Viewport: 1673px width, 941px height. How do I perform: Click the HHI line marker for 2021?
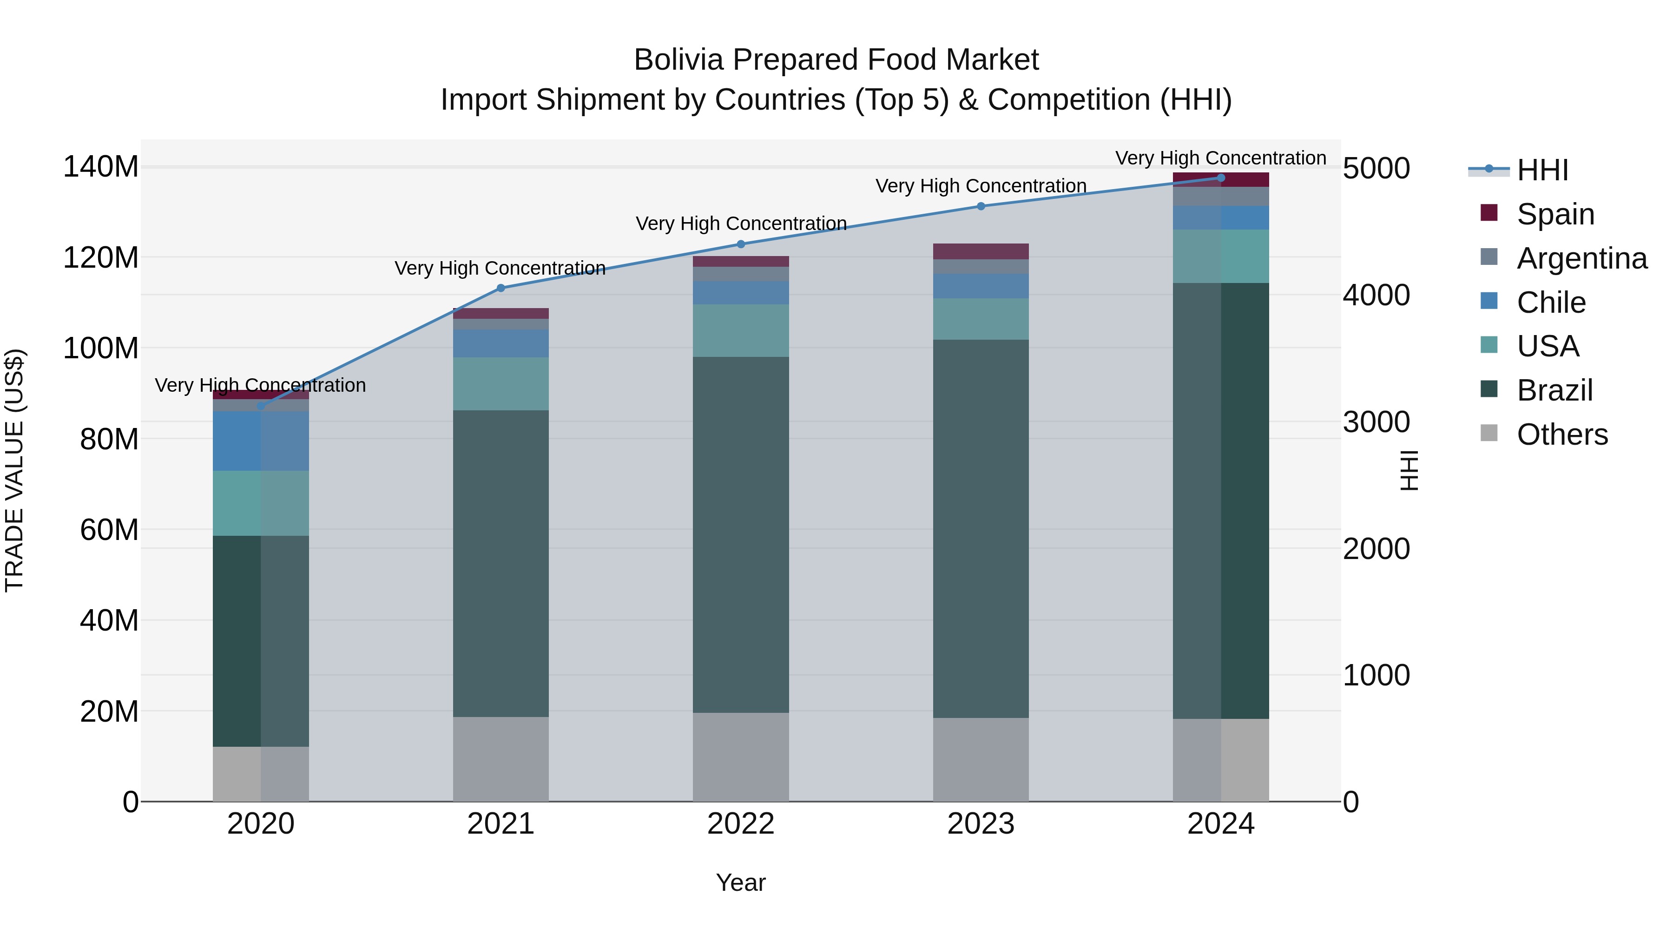(x=501, y=288)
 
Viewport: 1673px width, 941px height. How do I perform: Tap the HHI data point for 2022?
(x=741, y=244)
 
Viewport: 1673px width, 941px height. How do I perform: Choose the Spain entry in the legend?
(x=1555, y=214)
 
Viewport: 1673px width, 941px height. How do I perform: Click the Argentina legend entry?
(x=1581, y=258)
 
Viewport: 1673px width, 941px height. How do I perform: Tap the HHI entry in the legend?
(x=1542, y=170)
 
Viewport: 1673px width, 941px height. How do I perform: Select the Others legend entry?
(x=1562, y=434)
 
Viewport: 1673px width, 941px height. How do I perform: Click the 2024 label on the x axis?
(x=1220, y=823)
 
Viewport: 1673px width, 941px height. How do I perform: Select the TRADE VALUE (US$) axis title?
(x=14, y=470)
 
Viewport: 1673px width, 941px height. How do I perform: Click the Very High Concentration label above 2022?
(x=741, y=224)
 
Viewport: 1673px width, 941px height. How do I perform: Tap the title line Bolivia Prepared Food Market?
(x=836, y=60)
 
